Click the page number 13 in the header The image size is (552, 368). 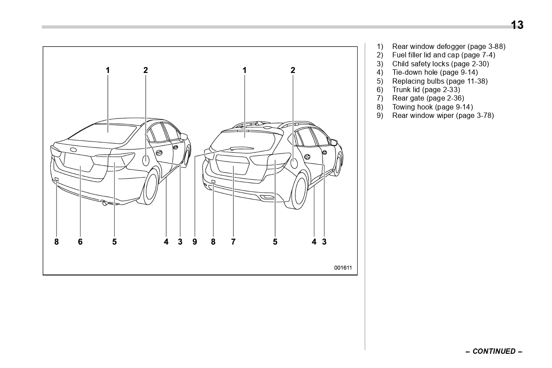pos(517,25)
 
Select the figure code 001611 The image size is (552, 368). pos(343,268)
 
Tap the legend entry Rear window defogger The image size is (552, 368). pos(448,46)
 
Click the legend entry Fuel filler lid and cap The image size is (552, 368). pos(443,55)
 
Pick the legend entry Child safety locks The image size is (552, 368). pos(440,64)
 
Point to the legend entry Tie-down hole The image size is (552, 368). pos(435,72)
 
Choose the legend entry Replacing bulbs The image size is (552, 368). pos(439,81)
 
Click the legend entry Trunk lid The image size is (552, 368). pos(426,89)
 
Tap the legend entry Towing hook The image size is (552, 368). pos(432,107)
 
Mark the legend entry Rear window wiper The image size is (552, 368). pos(443,115)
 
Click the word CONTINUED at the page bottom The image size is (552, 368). pos(494,351)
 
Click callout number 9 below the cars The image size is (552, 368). pos(194,242)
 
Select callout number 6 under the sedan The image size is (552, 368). pos(80,242)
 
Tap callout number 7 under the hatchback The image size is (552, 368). pos(233,242)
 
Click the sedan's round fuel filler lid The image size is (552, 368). pos(145,160)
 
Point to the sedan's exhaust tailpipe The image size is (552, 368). pos(105,203)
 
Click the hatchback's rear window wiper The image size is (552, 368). pos(240,148)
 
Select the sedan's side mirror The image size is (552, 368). pos(183,137)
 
